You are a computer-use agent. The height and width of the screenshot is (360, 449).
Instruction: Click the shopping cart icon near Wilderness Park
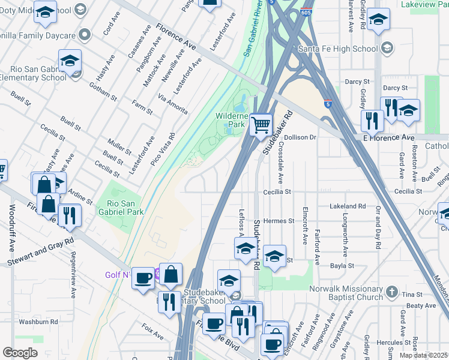click(x=261, y=125)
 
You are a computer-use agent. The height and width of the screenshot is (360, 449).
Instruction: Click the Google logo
click(x=20, y=353)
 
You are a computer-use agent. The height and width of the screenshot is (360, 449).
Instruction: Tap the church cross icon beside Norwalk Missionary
click(x=391, y=292)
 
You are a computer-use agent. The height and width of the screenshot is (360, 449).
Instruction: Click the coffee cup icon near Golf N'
click(x=143, y=278)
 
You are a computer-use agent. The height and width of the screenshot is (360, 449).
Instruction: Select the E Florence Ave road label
click(x=389, y=138)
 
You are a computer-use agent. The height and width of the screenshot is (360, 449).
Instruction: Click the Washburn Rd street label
click(x=37, y=322)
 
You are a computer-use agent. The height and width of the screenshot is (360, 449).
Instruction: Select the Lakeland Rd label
click(x=348, y=206)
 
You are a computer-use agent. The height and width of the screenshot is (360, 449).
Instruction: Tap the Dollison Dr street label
click(x=300, y=137)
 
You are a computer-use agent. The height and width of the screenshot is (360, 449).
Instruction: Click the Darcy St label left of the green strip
click(x=359, y=82)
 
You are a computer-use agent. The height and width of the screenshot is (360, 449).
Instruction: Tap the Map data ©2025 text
click(x=424, y=355)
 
